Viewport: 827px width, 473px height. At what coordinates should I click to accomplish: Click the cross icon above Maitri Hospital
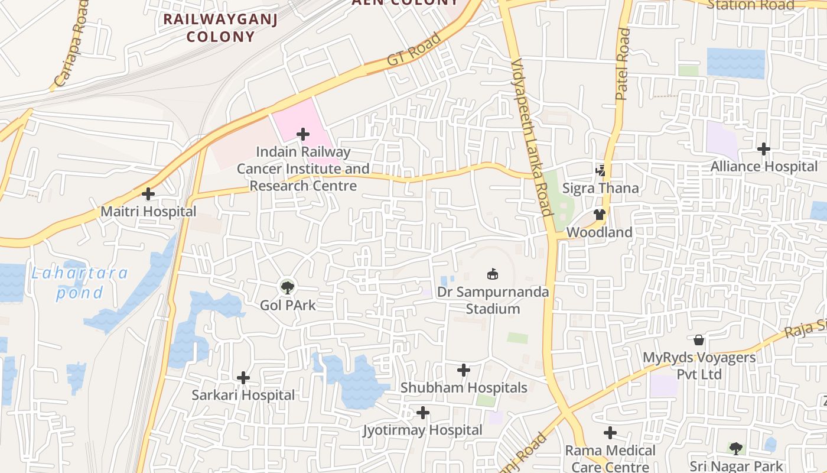click(x=148, y=194)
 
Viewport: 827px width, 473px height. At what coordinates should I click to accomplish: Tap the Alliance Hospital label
click(x=763, y=167)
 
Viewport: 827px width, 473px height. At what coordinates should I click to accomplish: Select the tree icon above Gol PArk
click(x=288, y=288)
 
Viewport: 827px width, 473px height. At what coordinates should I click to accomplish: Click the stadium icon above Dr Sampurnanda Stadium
click(x=492, y=274)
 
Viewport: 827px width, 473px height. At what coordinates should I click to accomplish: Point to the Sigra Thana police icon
click(x=601, y=171)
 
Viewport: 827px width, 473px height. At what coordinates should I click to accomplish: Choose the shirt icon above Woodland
click(x=600, y=215)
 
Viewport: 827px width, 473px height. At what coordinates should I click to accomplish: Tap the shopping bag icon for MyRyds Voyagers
click(x=699, y=340)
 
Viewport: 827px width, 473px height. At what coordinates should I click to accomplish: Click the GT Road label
click(x=414, y=50)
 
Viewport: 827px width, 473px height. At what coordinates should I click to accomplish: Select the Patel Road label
click(x=623, y=64)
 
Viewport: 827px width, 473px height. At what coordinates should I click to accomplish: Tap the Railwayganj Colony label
click(x=220, y=28)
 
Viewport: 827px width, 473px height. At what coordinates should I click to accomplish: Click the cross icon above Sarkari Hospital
click(x=243, y=378)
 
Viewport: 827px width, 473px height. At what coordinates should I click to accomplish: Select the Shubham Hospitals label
click(x=464, y=388)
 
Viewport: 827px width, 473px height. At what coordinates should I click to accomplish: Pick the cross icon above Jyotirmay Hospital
click(x=422, y=413)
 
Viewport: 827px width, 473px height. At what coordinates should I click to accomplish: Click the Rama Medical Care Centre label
click(x=610, y=458)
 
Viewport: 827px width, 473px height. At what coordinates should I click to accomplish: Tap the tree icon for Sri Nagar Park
click(x=735, y=449)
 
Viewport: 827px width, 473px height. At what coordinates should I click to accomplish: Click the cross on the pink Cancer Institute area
click(x=303, y=135)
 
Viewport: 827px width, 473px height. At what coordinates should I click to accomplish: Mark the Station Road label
click(x=750, y=5)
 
